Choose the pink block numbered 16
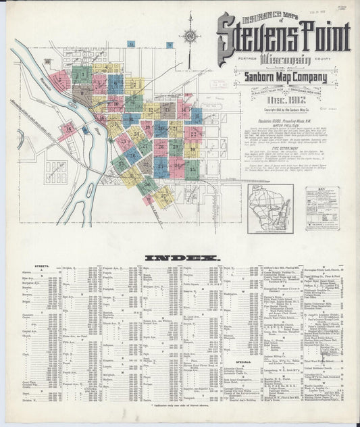pos(68,128)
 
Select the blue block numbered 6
pos(115,84)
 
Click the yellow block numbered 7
pos(134,86)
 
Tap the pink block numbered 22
pos(195,133)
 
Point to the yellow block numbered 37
pos(162,196)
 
